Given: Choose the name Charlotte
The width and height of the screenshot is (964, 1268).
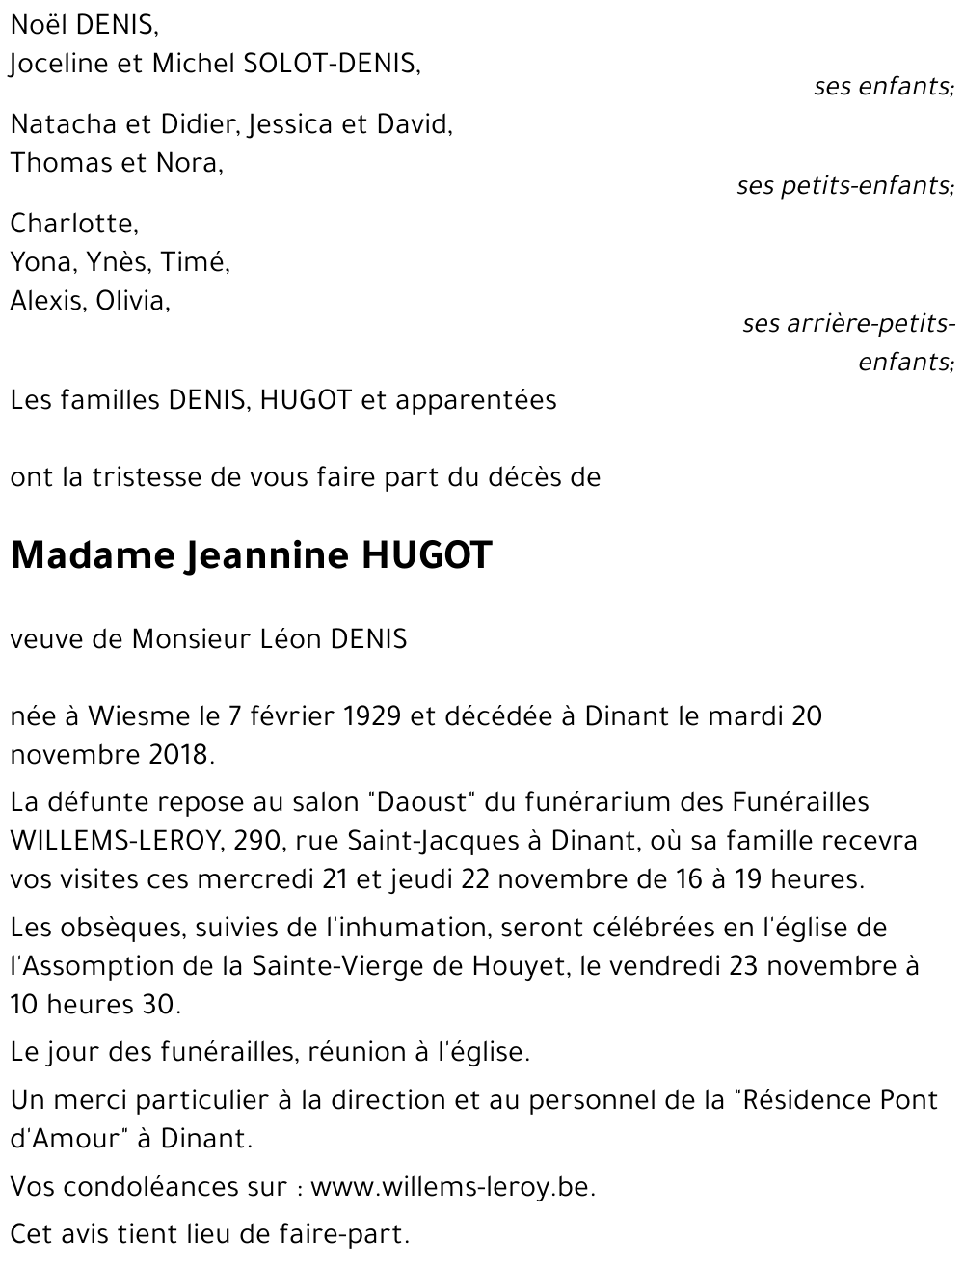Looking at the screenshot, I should coord(73,224).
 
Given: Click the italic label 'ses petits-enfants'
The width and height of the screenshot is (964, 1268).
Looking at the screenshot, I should coord(843,185).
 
